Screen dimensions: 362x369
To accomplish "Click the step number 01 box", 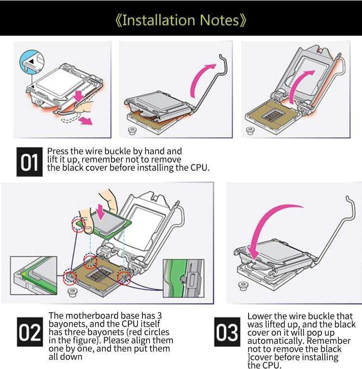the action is pos(29,162).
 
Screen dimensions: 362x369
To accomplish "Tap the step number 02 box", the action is pos(29,332).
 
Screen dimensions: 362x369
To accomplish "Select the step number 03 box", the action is pos(227,332).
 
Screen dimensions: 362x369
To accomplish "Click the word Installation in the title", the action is pos(159,20).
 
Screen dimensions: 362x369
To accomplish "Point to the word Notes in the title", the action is pos(220,20).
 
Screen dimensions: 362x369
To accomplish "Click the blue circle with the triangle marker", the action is pos(32,61).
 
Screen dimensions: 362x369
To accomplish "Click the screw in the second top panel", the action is pos(132,131).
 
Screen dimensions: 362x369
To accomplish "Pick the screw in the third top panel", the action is pos(250,131).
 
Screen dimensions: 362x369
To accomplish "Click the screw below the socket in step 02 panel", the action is pos(72,292).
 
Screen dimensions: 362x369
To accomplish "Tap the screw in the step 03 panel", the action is pos(243,286).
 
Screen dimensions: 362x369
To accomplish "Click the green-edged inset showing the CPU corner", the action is pos(34,275).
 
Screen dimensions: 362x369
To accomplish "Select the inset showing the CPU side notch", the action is pos(184,278).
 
